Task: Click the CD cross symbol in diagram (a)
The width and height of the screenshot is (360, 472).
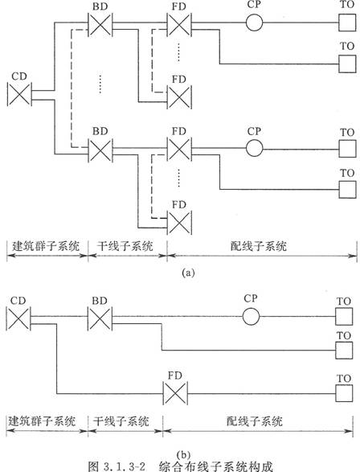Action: point(19,95)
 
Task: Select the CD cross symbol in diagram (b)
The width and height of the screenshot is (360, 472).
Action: point(18,318)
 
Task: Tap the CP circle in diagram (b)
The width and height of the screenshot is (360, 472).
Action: point(251,316)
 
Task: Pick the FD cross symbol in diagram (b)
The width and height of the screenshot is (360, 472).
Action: point(175,393)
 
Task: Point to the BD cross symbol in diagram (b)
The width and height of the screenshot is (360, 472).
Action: point(100,318)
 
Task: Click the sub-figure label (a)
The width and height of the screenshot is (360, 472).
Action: point(188,273)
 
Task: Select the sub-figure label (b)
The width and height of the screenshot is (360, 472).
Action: point(184,454)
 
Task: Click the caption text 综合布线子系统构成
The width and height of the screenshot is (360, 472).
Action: point(216,466)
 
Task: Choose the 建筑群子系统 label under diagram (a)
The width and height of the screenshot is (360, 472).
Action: point(46,246)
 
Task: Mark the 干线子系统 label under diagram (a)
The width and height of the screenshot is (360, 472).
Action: point(125,246)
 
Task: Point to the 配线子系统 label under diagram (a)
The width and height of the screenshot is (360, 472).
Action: point(259,246)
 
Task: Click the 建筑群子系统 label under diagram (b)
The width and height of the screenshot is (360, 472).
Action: point(42,421)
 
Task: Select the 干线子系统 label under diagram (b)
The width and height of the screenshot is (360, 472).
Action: point(121,421)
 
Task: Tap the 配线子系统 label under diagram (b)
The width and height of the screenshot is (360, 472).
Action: point(255,421)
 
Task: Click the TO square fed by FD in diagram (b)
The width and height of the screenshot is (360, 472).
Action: point(344,393)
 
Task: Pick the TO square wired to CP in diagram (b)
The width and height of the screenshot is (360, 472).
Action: point(344,316)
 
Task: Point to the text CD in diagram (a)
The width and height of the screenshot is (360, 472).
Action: point(19,76)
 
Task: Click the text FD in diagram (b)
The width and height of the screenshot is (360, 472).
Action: point(175,376)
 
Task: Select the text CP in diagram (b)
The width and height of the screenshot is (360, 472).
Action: point(251,298)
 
